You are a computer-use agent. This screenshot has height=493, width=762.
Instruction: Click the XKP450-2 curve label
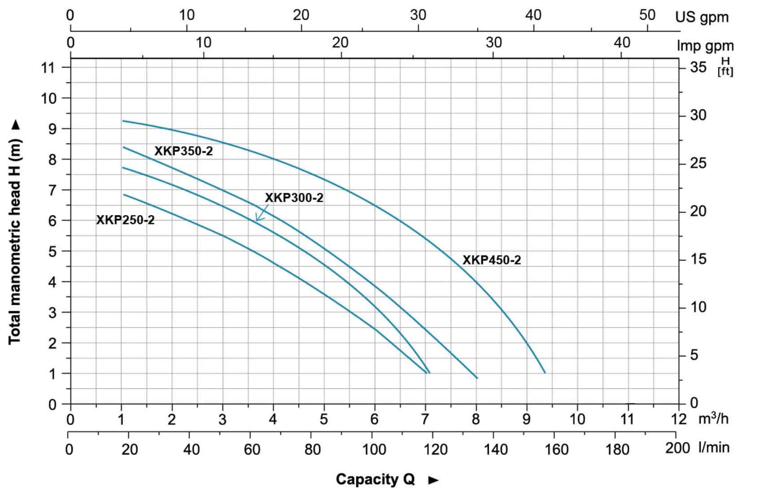[492, 260]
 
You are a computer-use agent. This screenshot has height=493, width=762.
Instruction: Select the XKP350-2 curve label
[183, 151]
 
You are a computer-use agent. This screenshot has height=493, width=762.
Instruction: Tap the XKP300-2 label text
[294, 198]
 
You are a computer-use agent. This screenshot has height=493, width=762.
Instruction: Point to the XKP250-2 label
[125, 220]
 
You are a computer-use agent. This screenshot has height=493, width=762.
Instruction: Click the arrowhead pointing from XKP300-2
[257, 220]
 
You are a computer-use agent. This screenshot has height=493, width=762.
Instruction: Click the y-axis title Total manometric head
[15, 232]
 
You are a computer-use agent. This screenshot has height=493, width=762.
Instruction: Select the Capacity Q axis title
[375, 479]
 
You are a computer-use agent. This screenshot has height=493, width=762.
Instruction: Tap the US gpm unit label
[702, 17]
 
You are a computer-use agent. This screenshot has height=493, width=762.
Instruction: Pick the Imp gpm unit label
[705, 45]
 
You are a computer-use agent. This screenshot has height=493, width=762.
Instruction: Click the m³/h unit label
[714, 419]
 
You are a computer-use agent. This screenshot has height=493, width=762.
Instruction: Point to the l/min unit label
[714, 447]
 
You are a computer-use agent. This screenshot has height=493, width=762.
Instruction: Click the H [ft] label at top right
[725, 66]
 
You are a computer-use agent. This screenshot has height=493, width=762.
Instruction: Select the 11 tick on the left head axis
[48, 68]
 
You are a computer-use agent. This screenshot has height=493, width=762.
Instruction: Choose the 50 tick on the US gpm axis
[647, 15]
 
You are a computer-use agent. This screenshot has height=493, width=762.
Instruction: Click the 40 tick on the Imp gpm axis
[622, 43]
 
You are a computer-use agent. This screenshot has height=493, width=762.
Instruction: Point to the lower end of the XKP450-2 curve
[545, 372]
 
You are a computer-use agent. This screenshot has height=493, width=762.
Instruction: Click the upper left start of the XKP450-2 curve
[123, 121]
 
